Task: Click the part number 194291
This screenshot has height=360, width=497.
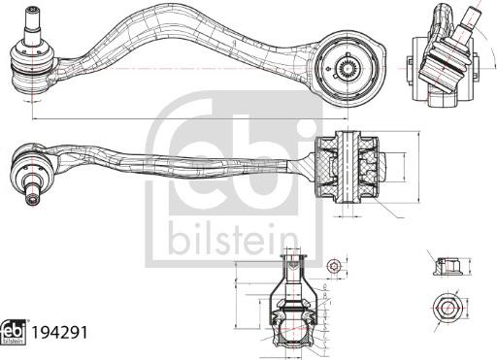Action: tap(59, 333)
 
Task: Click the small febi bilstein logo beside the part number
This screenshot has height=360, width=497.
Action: tap(15, 333)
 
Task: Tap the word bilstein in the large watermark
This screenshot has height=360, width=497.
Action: tap(233, 242)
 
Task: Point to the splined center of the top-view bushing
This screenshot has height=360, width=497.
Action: tap(347, 68)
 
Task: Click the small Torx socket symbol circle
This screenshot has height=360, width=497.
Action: tap(333, 267)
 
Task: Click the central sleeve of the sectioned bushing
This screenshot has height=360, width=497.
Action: tap(348, 167)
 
